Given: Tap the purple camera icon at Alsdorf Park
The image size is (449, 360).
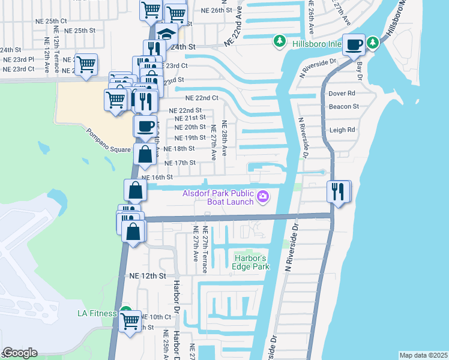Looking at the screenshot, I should [x=262, y=196].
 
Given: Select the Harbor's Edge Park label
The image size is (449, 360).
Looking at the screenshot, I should [x=250, y=262].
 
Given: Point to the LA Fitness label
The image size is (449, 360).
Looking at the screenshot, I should [x=99, y=313].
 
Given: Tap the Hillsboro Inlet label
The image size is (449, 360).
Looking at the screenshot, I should [x=316, y=44].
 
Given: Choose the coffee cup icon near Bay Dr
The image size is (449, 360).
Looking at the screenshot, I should [x=354, y=44].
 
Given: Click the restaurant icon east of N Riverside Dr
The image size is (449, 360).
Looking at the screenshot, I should [x=338, y=191].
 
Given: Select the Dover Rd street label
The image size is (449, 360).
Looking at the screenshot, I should [x=342, y=94].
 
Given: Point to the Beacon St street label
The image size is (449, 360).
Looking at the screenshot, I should [x=343, y=107].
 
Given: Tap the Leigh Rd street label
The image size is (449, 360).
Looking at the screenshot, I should [x=342, y=130].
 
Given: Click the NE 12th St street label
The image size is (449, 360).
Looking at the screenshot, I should [x=147, y=276].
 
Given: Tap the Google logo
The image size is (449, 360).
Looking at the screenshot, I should [x=20, y=353].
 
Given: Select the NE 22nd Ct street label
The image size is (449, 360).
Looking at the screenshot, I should [x=200, y=98].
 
